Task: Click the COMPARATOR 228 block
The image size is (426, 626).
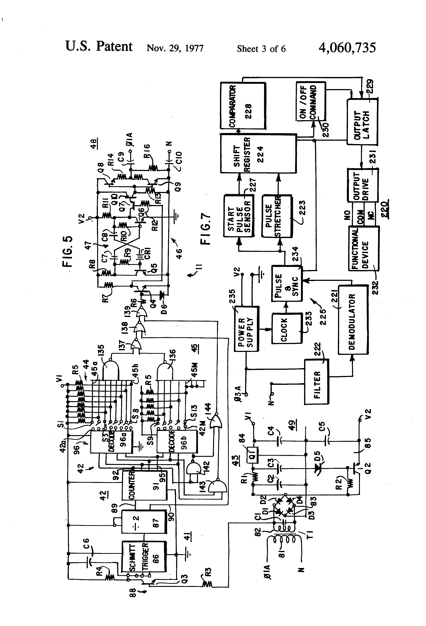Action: click(243, 106)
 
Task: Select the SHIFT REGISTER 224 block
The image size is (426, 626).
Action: click(258, 154)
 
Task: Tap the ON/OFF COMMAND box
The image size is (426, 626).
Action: click(311, 101)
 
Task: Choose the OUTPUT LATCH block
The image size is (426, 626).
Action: click(362, 122)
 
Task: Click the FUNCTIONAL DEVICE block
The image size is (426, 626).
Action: click(364, 248)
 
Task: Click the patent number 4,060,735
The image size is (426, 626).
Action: click(347, 48)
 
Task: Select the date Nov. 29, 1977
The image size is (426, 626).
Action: click(175, 48)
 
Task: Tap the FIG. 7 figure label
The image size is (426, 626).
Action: click(206, 229)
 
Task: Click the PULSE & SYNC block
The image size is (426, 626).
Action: click(286, 283)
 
